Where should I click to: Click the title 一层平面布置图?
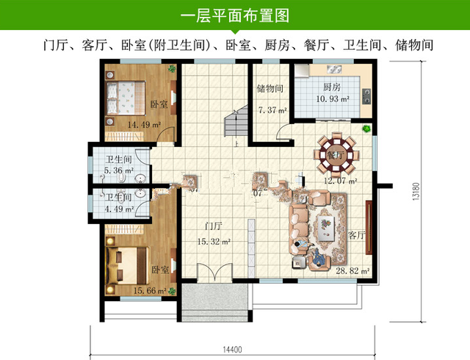235,14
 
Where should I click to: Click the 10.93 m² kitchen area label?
332,98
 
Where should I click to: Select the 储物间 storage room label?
270,90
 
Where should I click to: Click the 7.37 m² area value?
271,111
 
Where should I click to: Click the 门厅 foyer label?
214,226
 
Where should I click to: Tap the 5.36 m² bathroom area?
116,170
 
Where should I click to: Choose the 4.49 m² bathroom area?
116,208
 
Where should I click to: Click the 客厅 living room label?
357,236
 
